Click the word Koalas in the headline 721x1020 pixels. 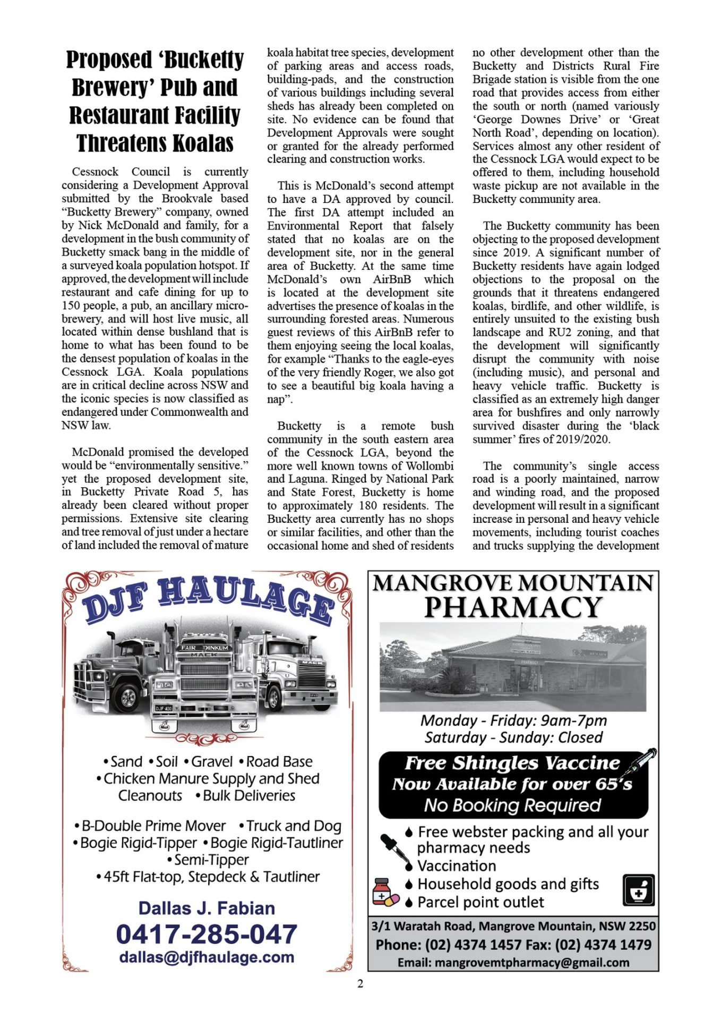coord(203,143)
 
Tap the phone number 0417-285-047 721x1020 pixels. coord(207,934)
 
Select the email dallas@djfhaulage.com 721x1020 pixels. coord(207,957)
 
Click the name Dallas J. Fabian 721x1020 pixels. coord(207,908)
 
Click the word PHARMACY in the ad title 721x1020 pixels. coord(513,607)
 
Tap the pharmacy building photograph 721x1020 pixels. coord(513,667)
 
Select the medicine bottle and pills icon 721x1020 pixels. coord(385,892)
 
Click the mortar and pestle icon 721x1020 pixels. coord(638,890)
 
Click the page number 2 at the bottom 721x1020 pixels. coord(360,983)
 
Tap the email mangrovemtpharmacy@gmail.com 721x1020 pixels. coord(513,962)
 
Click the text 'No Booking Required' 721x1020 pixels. coord(512,805)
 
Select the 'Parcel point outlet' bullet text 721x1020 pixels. coord(480,902)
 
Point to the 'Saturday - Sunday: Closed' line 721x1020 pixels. coord(513,737)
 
